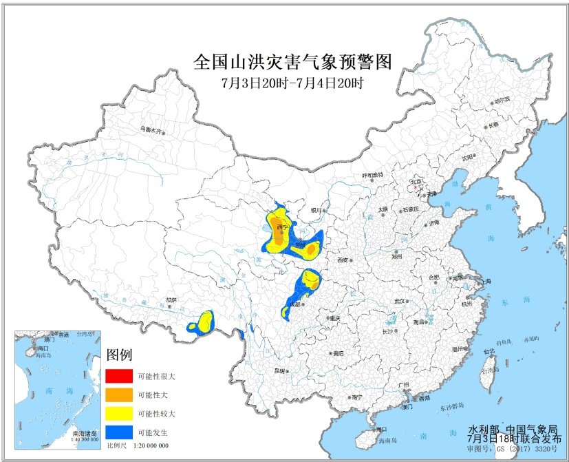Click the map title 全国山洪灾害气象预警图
(x=292, y=63)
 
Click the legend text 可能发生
(x=153, y=432)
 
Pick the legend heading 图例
(x=118, y=356)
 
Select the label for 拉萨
(x=171, y=300)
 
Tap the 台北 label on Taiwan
(x=489, y=351)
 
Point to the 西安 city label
(x=343, y=260)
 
